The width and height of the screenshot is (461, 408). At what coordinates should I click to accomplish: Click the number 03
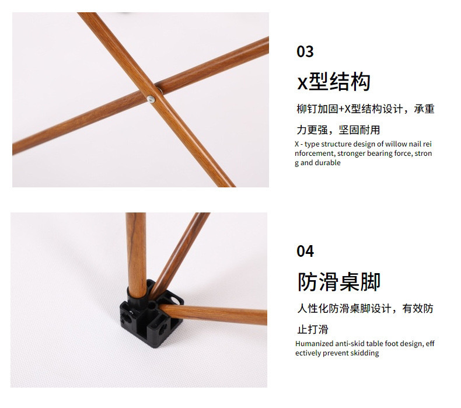pos(305,51)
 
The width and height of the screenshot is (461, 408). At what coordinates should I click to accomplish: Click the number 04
pos(305,251)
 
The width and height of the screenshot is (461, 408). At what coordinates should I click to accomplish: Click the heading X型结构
pos(334,82)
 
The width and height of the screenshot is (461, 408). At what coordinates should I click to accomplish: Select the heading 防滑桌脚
pos(339,281)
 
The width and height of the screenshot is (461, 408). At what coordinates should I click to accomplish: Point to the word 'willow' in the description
pos(396,144)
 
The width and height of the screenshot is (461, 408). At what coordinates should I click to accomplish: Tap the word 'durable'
pos(328,163)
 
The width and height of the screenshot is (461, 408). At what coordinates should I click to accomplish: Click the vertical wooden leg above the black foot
pos(136,251)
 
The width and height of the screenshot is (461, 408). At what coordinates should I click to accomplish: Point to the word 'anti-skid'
pos(355,344)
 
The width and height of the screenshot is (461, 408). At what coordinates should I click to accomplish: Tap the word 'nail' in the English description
pos(416,144)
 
